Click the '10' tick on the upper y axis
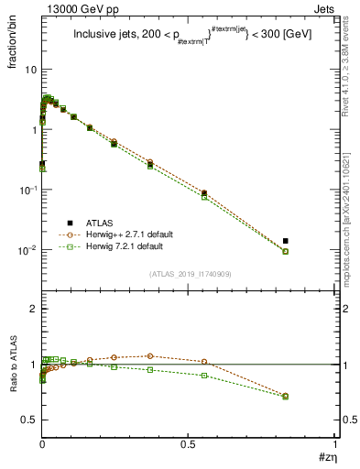30,70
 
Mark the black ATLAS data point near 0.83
286,241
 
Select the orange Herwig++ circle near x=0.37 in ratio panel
150,355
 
